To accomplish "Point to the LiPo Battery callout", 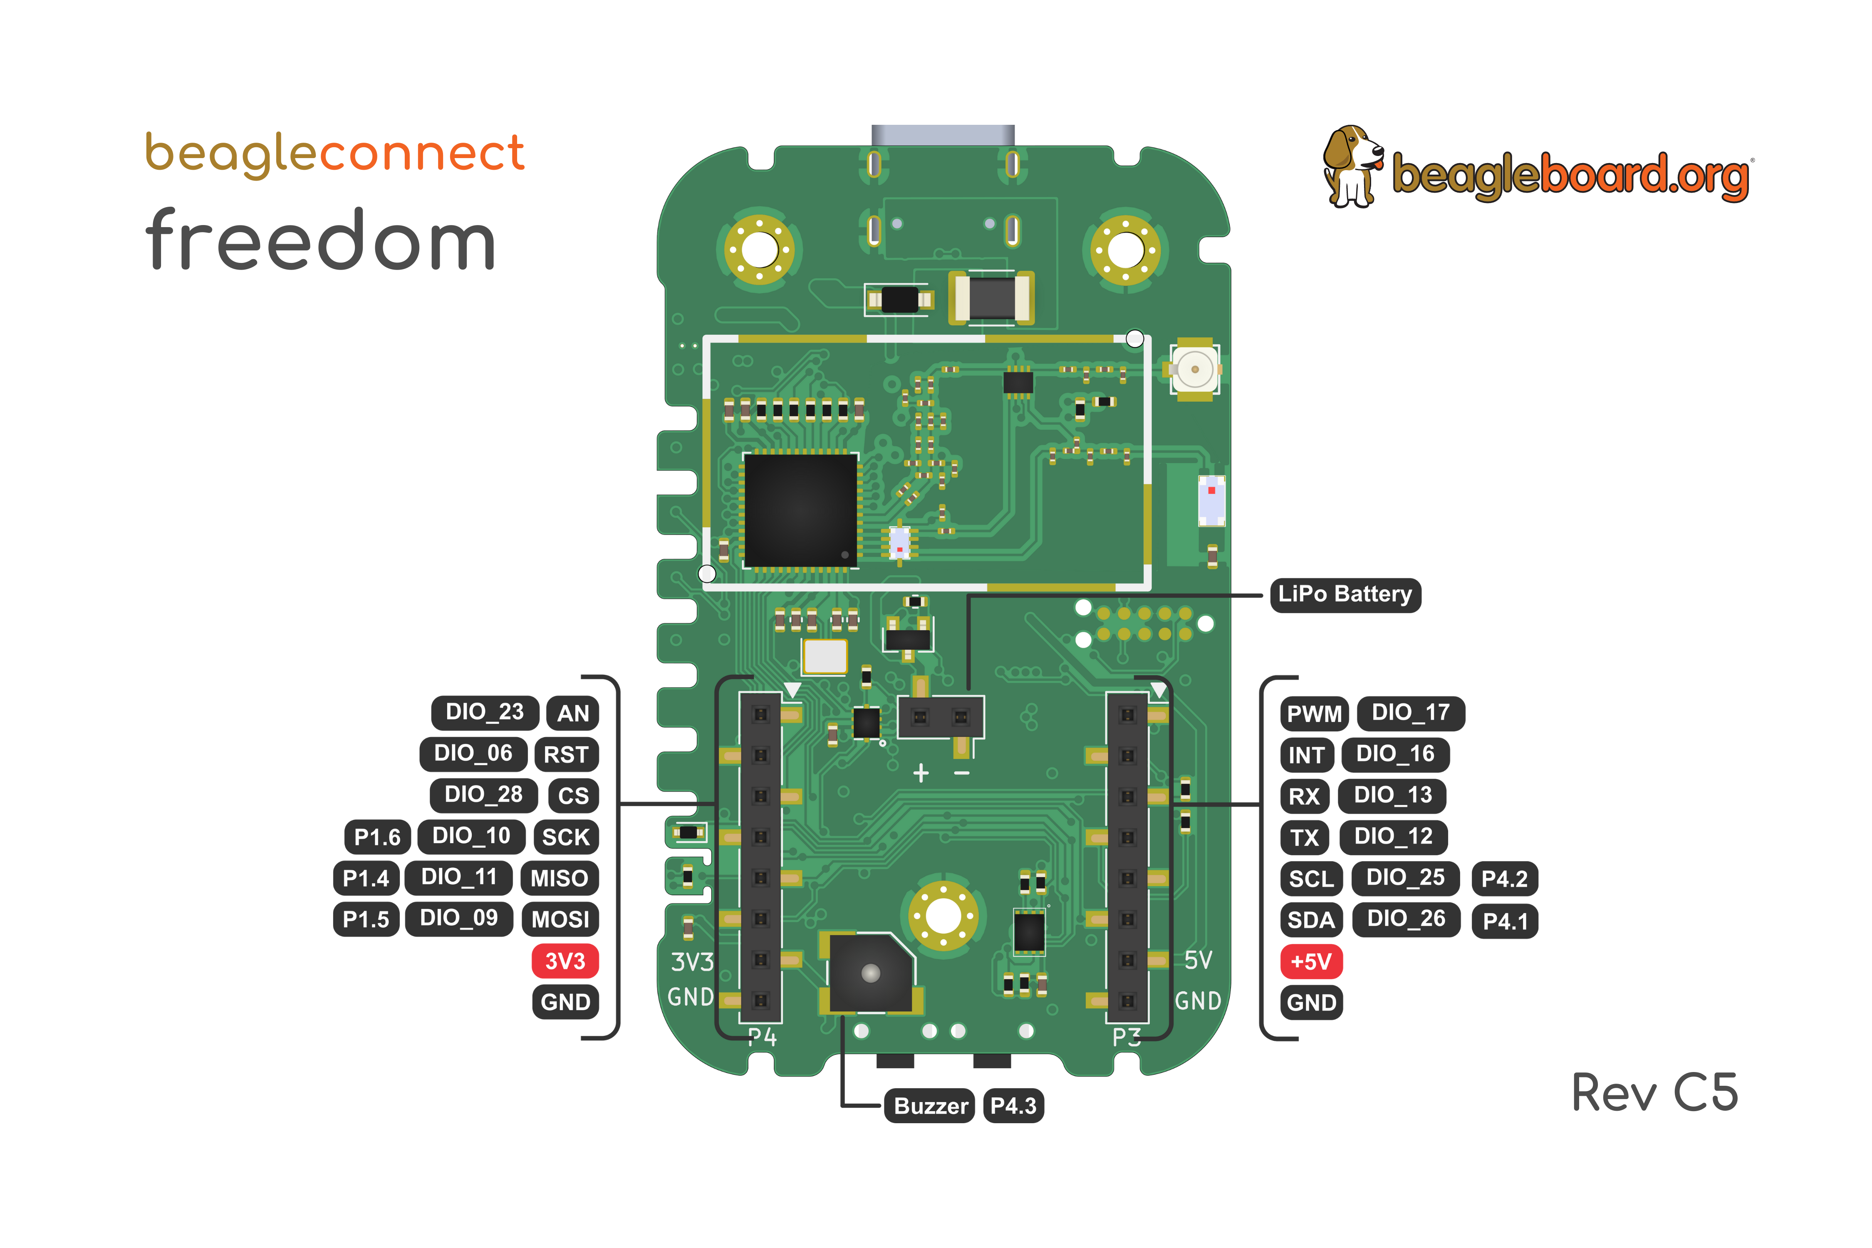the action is [1345, 594].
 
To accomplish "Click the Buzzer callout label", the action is [930, 1106].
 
